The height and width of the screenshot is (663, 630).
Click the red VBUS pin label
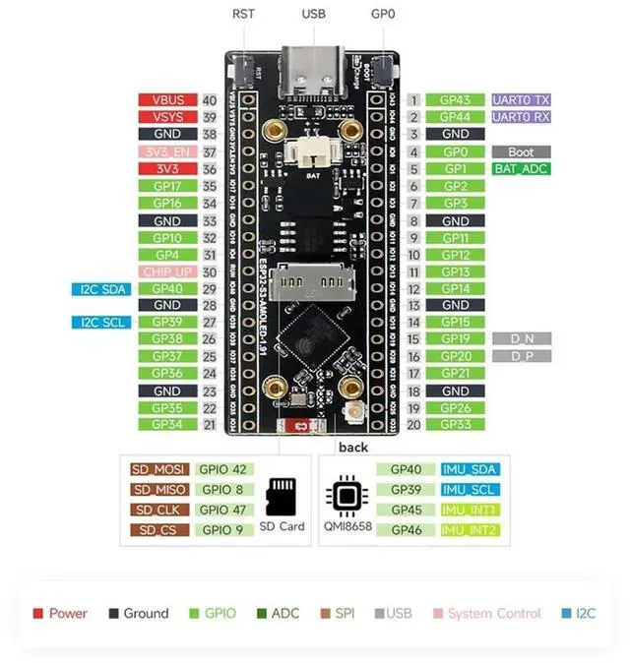pyautogui.click(x=167, y=100)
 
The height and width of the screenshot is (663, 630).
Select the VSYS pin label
pyautogui.click(x=167, y=117)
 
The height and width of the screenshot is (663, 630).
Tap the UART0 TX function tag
pyautogui.click(x=522, y=100)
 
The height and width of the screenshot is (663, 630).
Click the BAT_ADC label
pyautogui.click(x=521, y=169)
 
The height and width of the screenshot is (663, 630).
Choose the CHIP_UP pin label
pyautogui.click(x=167, y=271)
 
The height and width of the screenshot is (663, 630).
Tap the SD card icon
pyautogui.click(x=283, y=496)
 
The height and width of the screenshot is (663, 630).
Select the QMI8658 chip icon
pyautogui.click(x=347, y=496)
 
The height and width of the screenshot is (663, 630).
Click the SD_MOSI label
pyautogui.click(x=157, y=470)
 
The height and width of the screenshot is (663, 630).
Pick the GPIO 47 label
pyautogui.click(x=223, y=510)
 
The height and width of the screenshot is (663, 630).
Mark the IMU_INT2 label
pyautogui.click(x=469, y=530)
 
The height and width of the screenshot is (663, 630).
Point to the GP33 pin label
pyautogui.click(x=455, y=424)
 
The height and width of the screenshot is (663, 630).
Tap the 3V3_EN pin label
pyautogui.click(x=167, y=151)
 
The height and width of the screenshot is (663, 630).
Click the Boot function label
pyautogui.click(x=521, y=152)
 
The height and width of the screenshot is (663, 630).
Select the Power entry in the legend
pyautogui.click(x=60, y=613)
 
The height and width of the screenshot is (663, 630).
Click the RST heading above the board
pyautogui.click(x=243, y=15)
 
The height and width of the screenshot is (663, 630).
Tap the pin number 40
pyautogui.click(x=209, y=100)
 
